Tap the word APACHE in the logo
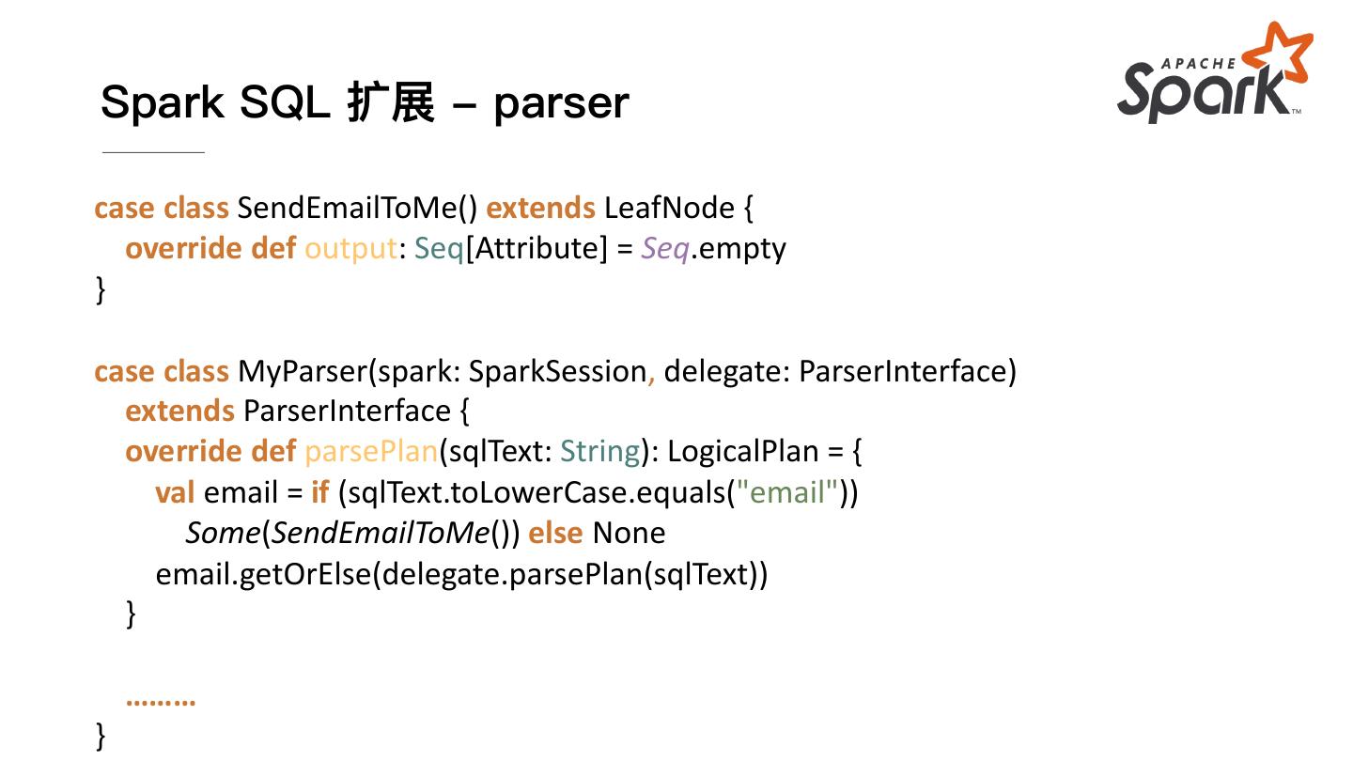point(1199,64)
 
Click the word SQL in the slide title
point(285,102)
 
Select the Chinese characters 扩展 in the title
point(391,102)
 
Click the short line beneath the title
point(153,151)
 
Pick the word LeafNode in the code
point(669,208)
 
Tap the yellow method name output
point(350,248)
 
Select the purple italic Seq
point(665,248)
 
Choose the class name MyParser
point(301,371)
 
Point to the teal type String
point(600,452)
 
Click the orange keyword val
point(175,492)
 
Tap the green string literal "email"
point(787,492)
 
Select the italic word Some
point(223,533)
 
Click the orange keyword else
point(555,533)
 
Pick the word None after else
point(629,533)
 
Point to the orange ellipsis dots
point(161,700)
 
